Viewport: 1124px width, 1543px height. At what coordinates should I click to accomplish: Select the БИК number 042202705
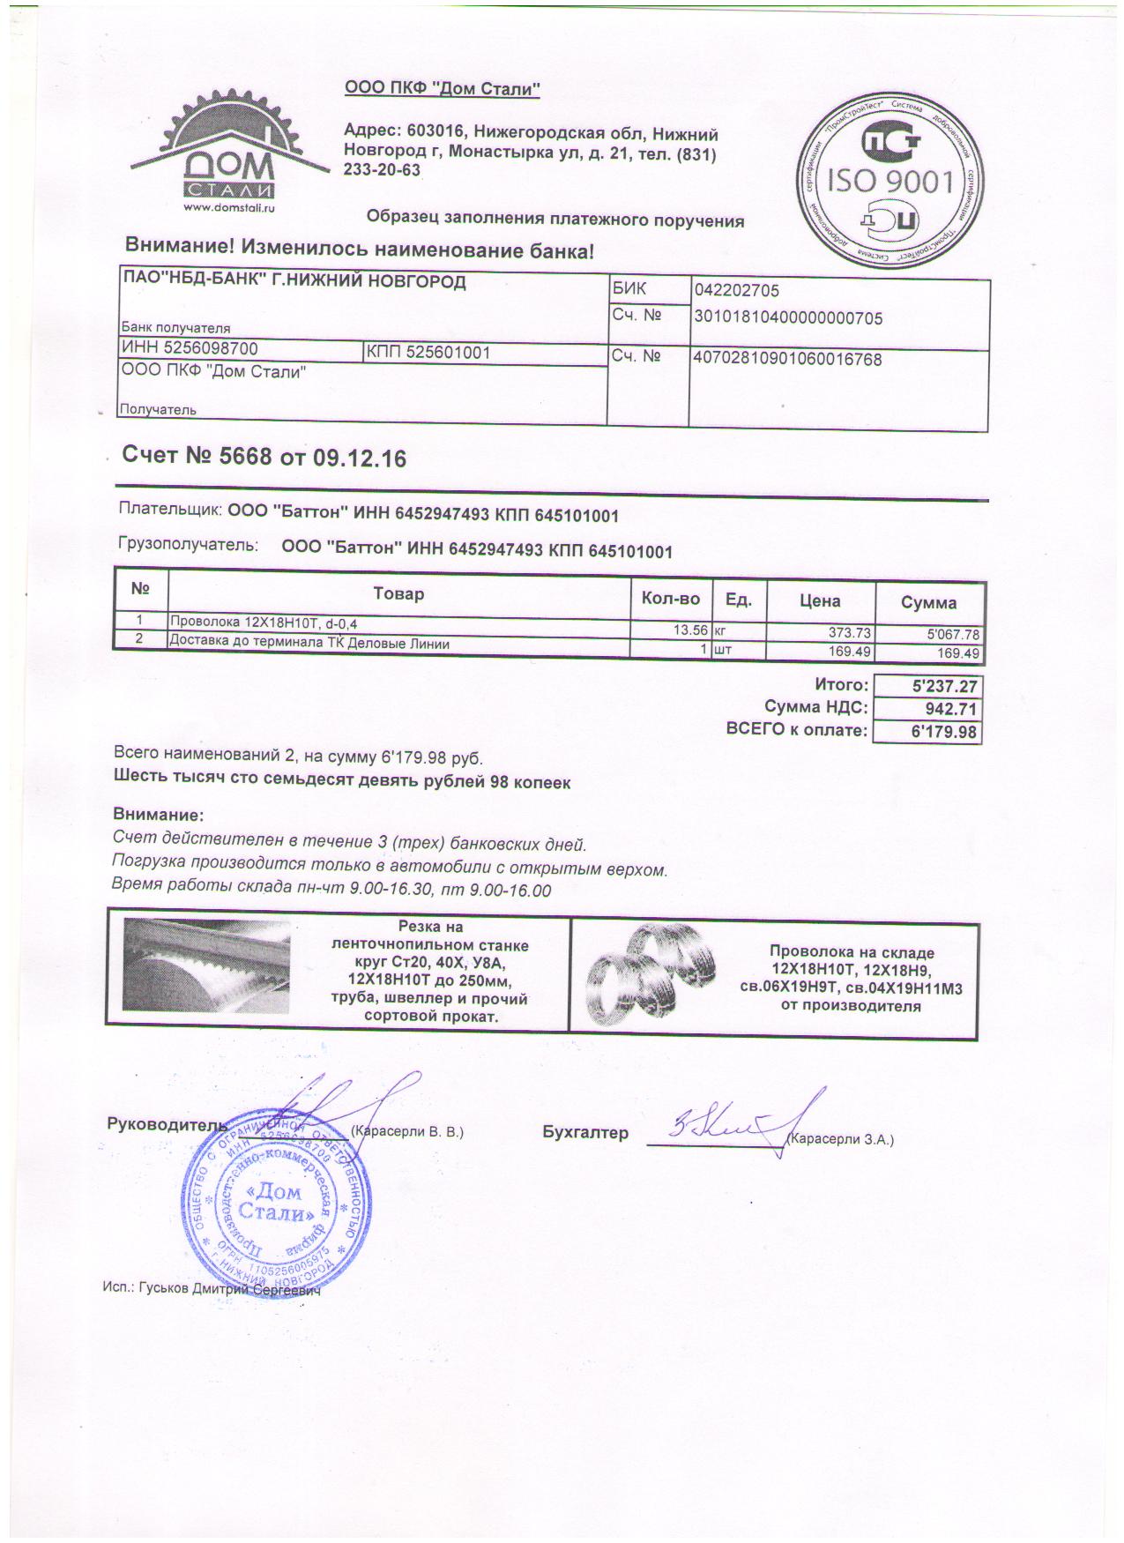pos(737,291)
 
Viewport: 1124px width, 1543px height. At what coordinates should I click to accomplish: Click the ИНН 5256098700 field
pos(190,349)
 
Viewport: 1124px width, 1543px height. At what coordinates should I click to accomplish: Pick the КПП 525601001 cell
pos(428,353)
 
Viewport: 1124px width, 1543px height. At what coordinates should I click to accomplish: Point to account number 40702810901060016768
pos(788,360)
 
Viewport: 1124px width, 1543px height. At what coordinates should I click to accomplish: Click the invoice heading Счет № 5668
pos(264,458)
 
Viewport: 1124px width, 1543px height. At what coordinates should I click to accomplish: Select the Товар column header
pos(398,594)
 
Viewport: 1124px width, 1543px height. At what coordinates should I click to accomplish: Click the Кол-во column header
pos(671,600)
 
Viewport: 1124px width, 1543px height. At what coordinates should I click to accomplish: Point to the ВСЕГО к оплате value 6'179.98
pos(944,732)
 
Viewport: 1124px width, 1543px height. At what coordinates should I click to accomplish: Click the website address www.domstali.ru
pos(229,209)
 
